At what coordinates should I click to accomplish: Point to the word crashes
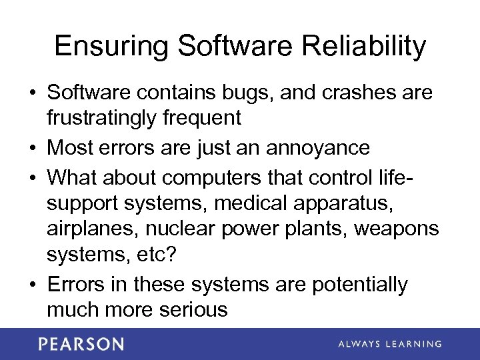click(357, 93)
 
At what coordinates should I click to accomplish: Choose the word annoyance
click(317, 147)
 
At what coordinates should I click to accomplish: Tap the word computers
click(213, 178)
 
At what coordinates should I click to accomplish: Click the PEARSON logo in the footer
click(81, 344)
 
